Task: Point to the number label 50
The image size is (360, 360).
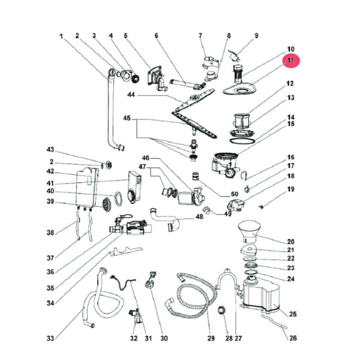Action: (227, 195)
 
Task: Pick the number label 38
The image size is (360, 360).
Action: (50, 233)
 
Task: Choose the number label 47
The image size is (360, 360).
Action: (143, 167)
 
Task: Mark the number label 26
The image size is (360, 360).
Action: (293, 338)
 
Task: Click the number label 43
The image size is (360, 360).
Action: (50, 149)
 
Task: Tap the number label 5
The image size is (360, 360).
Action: (126, 36)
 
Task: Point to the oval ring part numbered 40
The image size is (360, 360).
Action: (118, 198)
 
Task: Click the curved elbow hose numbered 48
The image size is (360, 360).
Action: (162, 218)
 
